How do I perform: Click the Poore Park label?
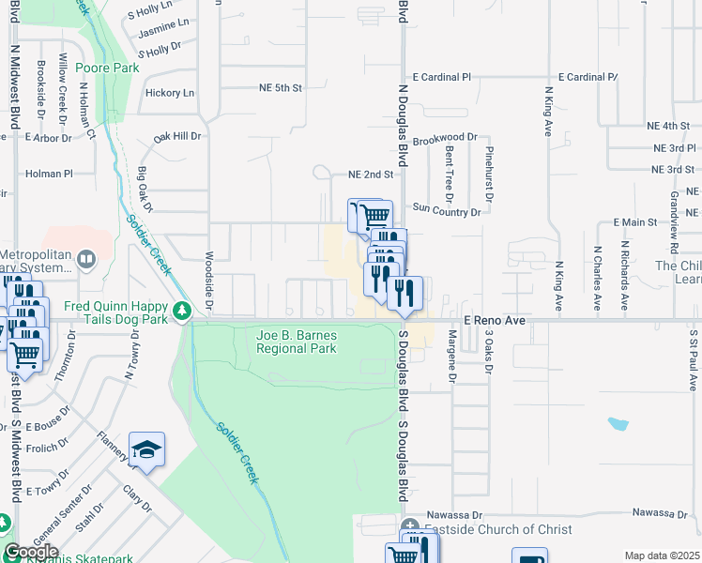coord(108,68)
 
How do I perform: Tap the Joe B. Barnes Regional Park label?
coord(297,342)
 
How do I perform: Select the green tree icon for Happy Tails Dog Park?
coord(180,308)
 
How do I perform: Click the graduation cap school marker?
coord(146,452)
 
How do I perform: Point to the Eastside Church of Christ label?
coord(497,529)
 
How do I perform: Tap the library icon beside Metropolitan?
coord(86,256)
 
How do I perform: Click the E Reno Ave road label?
coord(495,320)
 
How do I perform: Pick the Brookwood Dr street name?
coord(445,137)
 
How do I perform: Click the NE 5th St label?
coord(281,88)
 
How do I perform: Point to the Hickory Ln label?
coord(170,93)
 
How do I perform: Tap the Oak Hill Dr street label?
coord(177,136)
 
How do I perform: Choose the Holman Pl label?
coord(49,174)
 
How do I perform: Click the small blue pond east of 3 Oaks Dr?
coord(618,423)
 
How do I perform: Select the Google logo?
coord(31,552)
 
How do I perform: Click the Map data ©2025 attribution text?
coord(661,555)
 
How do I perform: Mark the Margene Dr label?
coord(451,353)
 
